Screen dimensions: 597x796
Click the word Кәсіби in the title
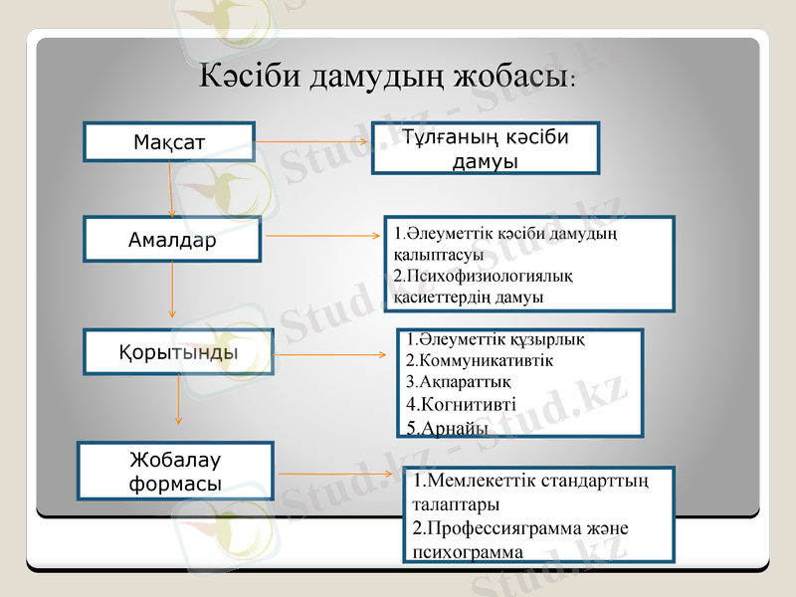click(x=248, y=77)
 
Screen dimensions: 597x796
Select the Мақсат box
click(x=169, y=142)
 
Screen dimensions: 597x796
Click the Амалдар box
click(x=172, y=240)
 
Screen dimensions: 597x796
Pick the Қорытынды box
click(x=178, y=352)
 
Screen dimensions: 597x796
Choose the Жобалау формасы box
click(x=175, y=472)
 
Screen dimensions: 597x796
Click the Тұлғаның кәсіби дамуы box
click(x=486, y=148)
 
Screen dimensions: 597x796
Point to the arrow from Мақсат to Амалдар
click(x=171, y=189)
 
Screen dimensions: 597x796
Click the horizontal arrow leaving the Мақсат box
click(x=312, y=141)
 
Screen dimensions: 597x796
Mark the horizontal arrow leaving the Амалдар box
click(x=324, y=237)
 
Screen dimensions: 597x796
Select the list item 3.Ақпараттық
click(x=459, y=381)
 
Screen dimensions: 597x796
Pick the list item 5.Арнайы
click(x=448, y=428)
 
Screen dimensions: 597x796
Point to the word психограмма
click(x=467, y=551)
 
